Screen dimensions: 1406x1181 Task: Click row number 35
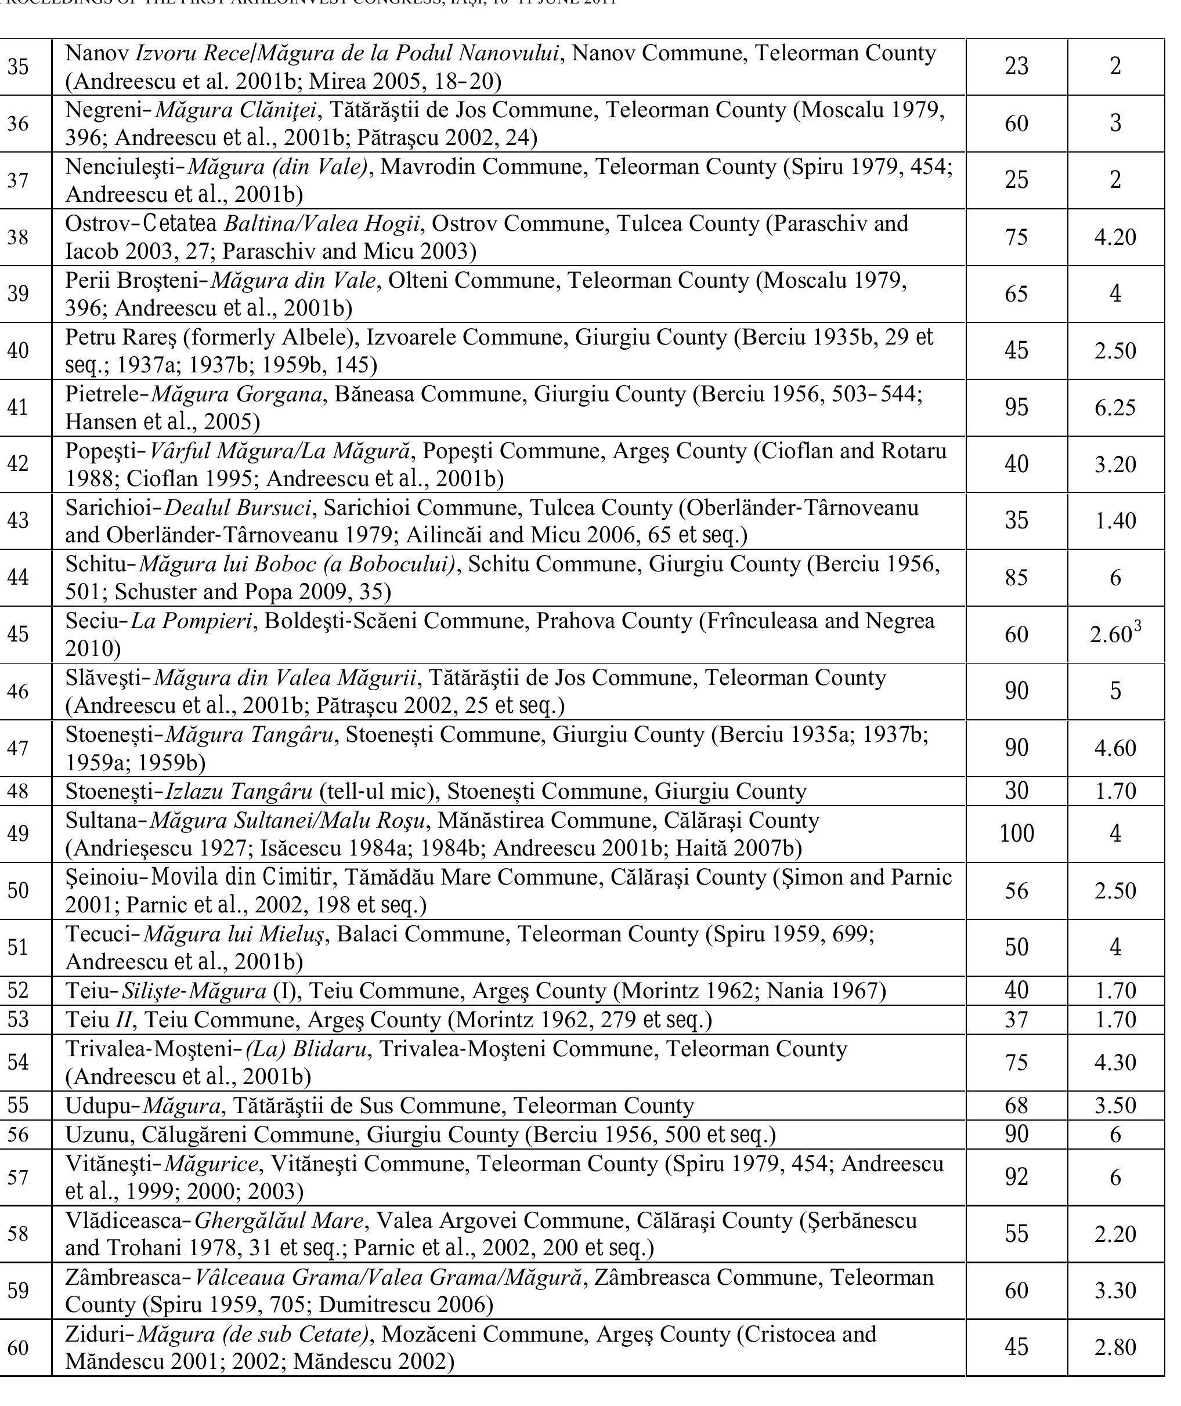[18, 67]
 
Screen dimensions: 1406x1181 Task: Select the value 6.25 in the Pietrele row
[1115, 408]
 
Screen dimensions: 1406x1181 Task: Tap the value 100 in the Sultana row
[1016, 834]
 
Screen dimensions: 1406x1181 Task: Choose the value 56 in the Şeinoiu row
[1016, 891]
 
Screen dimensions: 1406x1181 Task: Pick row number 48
[18, 791]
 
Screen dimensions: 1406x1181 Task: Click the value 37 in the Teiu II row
[1016, 1020]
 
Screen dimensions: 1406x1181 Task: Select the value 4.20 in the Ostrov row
[1115, 238]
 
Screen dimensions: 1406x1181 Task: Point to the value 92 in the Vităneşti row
[1016, 1177]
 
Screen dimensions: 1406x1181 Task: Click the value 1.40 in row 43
[1115, 521]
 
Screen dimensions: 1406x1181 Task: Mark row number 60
[18, 1347]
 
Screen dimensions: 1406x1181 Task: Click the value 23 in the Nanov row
[1016, 67]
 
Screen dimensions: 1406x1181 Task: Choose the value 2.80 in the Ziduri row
[1115, 1347]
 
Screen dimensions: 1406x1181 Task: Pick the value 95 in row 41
[1016, 408]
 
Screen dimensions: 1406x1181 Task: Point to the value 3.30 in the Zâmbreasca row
[1115, 1290]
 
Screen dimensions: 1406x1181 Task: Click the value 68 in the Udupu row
[1016, 1106]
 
